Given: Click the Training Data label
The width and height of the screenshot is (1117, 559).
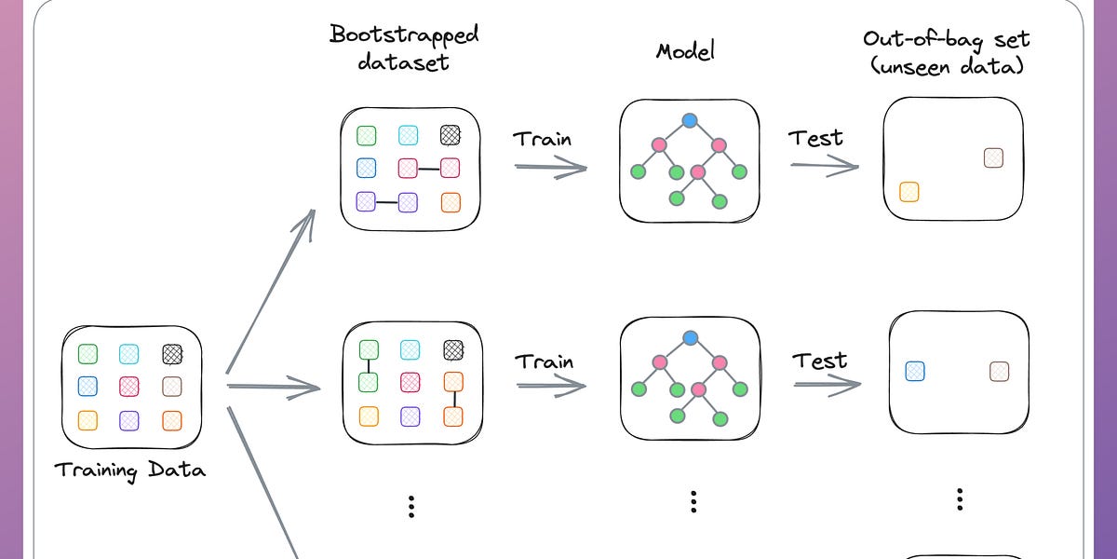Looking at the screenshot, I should pyautogui.click(x=130, y=470).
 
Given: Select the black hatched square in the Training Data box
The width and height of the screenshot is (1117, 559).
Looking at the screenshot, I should pyautogui.click(x=171, y=354).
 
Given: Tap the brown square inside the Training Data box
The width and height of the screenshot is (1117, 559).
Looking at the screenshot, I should pyautogui.click(x=171, y=387).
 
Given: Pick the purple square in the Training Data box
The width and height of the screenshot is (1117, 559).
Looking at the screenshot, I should pyautogui.click(x=129, y=420).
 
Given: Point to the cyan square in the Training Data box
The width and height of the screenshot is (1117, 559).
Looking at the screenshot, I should pyautogui.click(x=129, y=354).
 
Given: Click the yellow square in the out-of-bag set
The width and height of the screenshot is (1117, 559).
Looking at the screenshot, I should pyautogui.click(x=909, y=192).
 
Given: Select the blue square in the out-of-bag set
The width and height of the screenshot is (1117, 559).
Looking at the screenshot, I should pyautogui.click(x=915, y=372).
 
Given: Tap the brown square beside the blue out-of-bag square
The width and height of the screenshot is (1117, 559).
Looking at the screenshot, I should pyautogui.click(x=1000, y=372).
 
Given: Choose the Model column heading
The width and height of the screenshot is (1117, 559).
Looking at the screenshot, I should pyautogui.click(x=686, y=50).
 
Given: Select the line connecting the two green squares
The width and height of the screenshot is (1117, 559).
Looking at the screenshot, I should pyautogui.click(x=368, y=366).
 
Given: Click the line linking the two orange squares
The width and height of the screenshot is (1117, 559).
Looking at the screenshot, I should pyautogui.click(x=452, y=399).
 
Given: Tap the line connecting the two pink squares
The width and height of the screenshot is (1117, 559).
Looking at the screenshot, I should pyautogui.click(x=429, y=169).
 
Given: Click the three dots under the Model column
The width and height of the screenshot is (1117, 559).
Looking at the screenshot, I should pyautogui.click(x=693, y=501).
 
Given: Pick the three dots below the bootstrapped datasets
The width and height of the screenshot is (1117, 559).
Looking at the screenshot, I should pyautogui.click(x=410, y=506).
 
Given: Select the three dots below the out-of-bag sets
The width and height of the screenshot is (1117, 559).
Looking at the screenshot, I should pyautogui.click(x=959, y=499).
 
